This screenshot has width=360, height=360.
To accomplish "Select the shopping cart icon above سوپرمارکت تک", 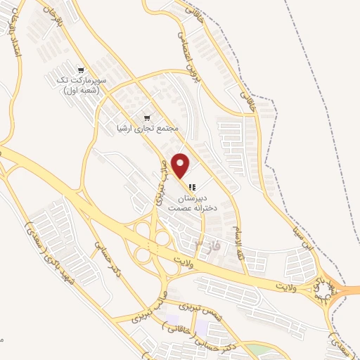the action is (82, 70).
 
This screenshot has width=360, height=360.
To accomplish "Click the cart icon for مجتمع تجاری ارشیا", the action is (147, 117).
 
